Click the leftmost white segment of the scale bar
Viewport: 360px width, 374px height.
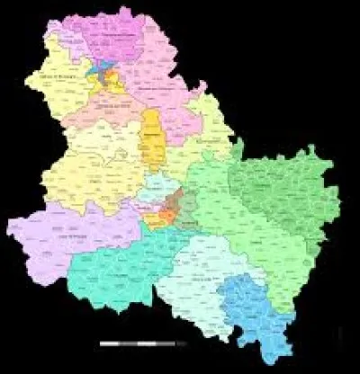tap(110, 344)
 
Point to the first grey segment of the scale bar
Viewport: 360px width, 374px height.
tap(130, 344)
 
